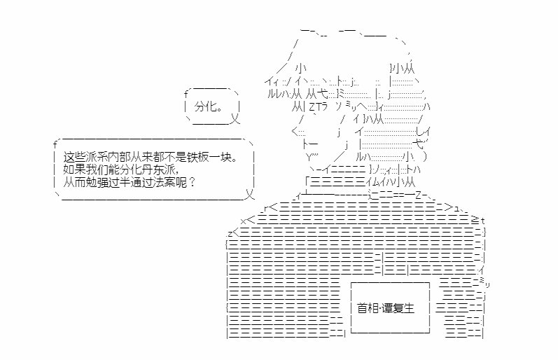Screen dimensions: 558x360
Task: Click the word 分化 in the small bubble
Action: (206, 106)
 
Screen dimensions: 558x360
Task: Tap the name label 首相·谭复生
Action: (386, 308)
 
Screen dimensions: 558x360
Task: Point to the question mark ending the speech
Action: (192, 183)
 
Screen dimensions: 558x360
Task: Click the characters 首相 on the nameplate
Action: (368, 308)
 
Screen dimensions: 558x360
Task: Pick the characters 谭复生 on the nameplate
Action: (398, 308)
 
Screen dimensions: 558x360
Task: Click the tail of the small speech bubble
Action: (235, 118)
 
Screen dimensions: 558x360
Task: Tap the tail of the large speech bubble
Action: (250, 194)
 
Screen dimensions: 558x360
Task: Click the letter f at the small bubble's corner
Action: (186, 95)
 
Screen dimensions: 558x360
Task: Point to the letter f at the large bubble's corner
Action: (55, 144)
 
